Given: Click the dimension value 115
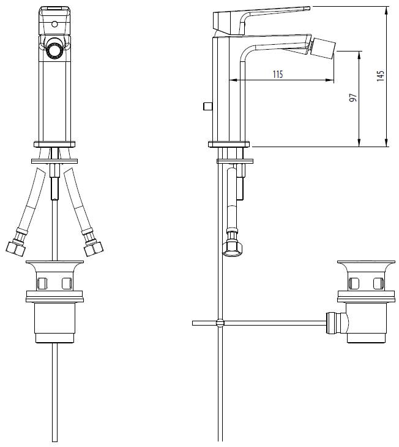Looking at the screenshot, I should pos(277,74).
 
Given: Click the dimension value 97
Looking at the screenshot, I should pos(352,99).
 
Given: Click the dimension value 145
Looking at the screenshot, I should pos(381,75).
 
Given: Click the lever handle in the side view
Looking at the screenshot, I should pos(263,13).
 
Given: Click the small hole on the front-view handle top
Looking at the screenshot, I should pos(55,25).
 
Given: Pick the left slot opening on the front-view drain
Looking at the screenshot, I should pos(42,283).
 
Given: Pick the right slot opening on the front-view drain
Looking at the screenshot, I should pos(67,283).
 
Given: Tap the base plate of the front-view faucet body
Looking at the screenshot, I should pos(55,144).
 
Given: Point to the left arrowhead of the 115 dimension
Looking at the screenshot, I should pos(231,80).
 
